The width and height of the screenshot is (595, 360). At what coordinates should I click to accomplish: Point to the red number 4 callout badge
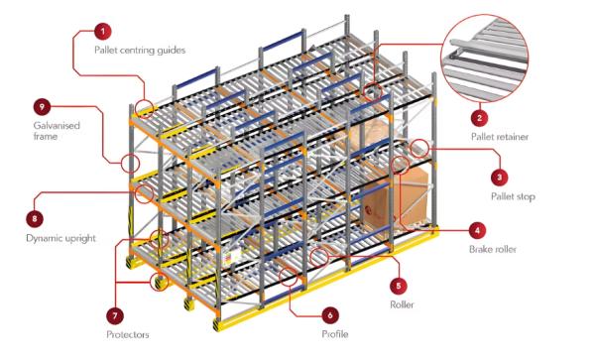(477, 230)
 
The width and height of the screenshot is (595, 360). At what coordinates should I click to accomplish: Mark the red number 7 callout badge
(114, 315)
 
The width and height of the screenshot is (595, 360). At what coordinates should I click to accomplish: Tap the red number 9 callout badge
(43, 105)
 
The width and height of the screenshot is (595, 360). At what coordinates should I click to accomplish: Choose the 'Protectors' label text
(128, 334)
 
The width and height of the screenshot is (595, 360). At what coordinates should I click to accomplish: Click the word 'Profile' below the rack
(334, 335)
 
